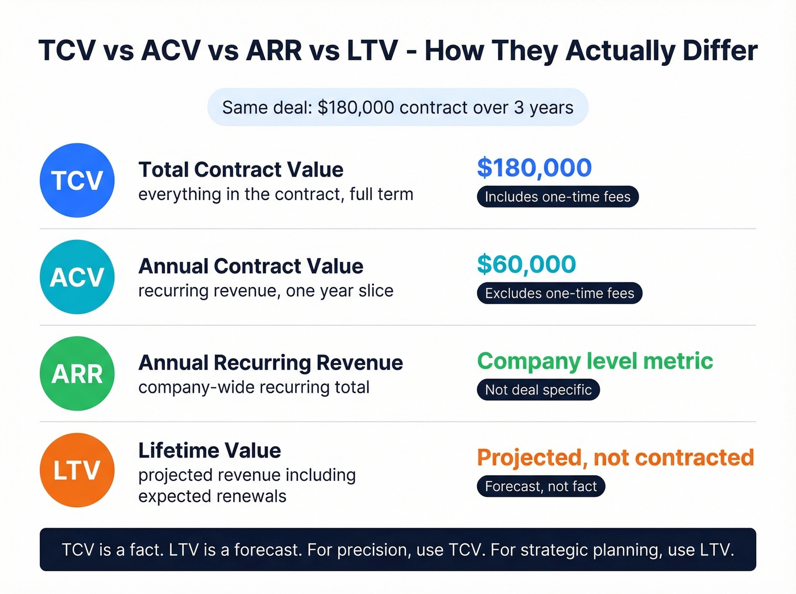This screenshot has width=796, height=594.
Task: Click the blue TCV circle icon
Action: (x=77, y=180)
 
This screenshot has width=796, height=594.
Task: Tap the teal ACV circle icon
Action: (x=77, y=277)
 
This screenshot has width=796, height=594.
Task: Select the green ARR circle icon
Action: (x=77, y=373)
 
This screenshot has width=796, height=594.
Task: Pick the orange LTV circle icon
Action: (x=77, y=470)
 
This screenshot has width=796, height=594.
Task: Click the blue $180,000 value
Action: (x=534, y=168)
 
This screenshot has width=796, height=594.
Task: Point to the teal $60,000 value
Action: (x=526, y=264)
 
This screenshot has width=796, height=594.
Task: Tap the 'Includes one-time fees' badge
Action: (x=558, y=197)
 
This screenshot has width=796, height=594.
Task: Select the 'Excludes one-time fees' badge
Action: (x=559, y=293)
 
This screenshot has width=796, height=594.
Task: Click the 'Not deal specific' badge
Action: (x=538, y=390)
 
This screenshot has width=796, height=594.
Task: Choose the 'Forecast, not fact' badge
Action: (x=541, y=487)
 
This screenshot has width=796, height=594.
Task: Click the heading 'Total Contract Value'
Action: (x=241, y=169)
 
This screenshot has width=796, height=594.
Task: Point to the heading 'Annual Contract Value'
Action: (x=251, y=266)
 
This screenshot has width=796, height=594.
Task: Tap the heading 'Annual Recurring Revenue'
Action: (x=271, y=363)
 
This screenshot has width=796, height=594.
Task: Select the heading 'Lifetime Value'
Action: (x=210, y=450)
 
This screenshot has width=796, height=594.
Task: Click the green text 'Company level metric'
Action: (x=595, y=361)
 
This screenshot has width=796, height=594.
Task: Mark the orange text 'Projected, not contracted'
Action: (x=615, y=458)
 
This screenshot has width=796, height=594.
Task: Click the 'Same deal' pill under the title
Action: (x=398, y=107)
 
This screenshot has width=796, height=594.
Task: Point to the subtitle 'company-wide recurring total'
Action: (x=254, y=388)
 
